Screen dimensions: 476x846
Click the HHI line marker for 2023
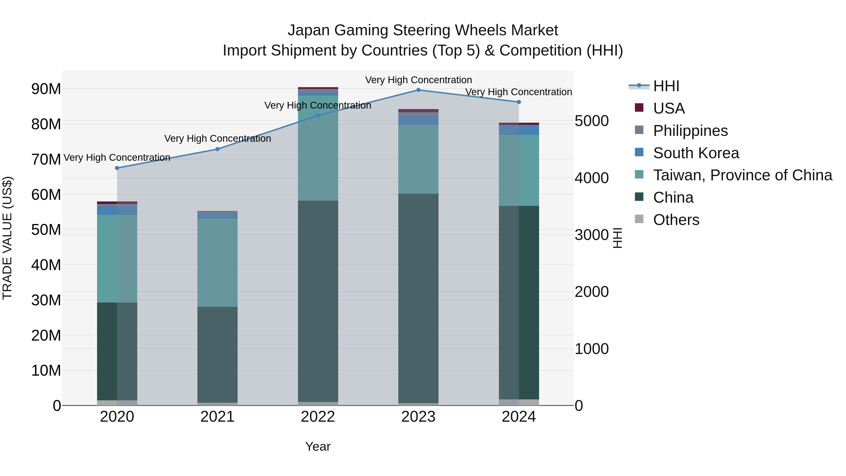(x=418, y=90)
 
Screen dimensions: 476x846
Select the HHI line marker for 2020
(x=117, y=168)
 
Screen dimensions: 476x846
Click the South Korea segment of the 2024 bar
(x=519, y=130)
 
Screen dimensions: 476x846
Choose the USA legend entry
(x=668, y=108)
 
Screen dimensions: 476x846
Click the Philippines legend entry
(x=690, y=131)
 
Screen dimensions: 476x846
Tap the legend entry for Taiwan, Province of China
(x=742, y=175)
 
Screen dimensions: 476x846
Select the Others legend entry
(x=676, y=220)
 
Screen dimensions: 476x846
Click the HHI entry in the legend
(x=666, y=86)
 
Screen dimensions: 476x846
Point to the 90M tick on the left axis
(x=46, y=89)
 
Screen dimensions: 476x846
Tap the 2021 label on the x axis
(x=217, y=417)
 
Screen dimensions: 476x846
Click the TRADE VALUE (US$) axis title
(x=7, y=238)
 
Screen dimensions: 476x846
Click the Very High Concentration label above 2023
(x=418, y=80)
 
